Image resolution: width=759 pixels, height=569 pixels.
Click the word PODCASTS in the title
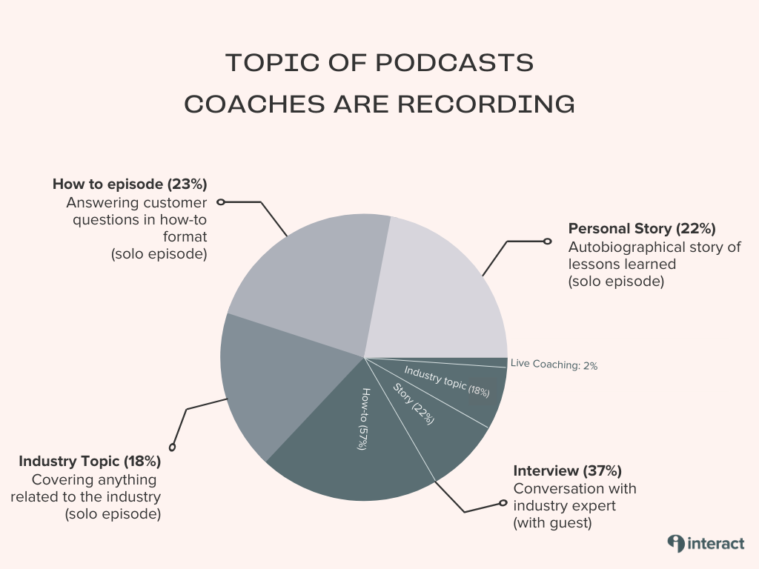(x=454, y=63)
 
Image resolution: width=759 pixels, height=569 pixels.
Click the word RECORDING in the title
(x=486, y=104)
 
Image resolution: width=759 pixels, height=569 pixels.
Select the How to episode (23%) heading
(x=130, y=184)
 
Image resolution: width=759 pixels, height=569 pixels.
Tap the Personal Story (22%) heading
(x=642, y=228)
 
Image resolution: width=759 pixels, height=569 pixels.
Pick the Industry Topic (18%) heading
(x=90, y=461)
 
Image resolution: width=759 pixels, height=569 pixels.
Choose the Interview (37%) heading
(x=567, y=470)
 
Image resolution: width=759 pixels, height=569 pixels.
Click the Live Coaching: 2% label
(x=554, y=365)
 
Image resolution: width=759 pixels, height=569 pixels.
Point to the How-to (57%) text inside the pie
(x=365, y=419)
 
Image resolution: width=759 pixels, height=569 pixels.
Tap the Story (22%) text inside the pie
(x=413, y=404)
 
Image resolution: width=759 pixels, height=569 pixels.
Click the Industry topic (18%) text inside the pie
(x=447, y=382)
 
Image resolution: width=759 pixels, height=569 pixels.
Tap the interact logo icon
(x=676, y=543)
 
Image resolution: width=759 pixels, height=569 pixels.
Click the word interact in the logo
(x=715, y=544)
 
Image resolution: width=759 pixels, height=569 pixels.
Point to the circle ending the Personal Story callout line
(x=548, y=241)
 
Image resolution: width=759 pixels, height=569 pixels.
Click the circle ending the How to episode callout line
(x=221, y=202)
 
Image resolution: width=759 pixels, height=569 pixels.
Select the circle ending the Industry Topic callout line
(x=172, y=447)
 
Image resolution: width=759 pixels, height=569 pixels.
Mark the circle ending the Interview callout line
(x=503, y=503)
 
